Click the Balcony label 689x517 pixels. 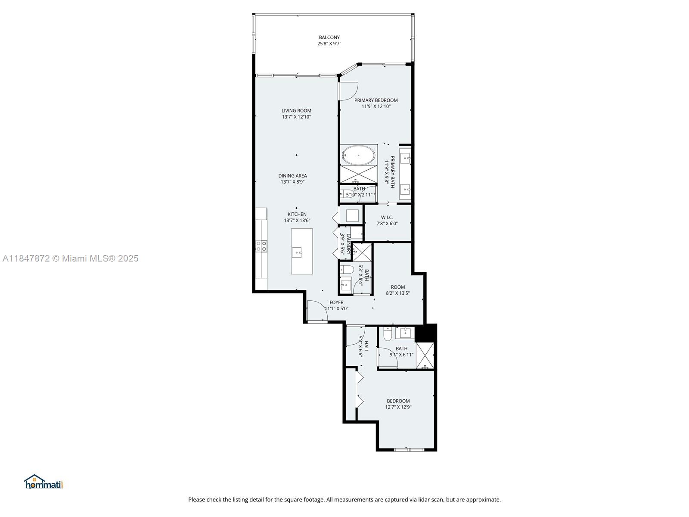click(329, 37)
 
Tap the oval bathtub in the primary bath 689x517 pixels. click(358, 155)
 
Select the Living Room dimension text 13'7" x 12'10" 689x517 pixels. click(296, 117)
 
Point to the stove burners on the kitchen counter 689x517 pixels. click(261, 246)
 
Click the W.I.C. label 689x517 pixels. click(387, 217)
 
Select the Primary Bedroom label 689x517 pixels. click(376, 100)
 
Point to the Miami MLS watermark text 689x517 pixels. click(71, 258)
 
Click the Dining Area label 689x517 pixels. click(292, 175)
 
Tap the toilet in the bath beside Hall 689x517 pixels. click(388, 334)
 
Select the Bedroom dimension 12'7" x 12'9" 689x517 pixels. click(398, 407)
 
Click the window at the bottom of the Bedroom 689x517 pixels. click(409, 450)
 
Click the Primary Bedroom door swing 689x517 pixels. click(347, 90)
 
